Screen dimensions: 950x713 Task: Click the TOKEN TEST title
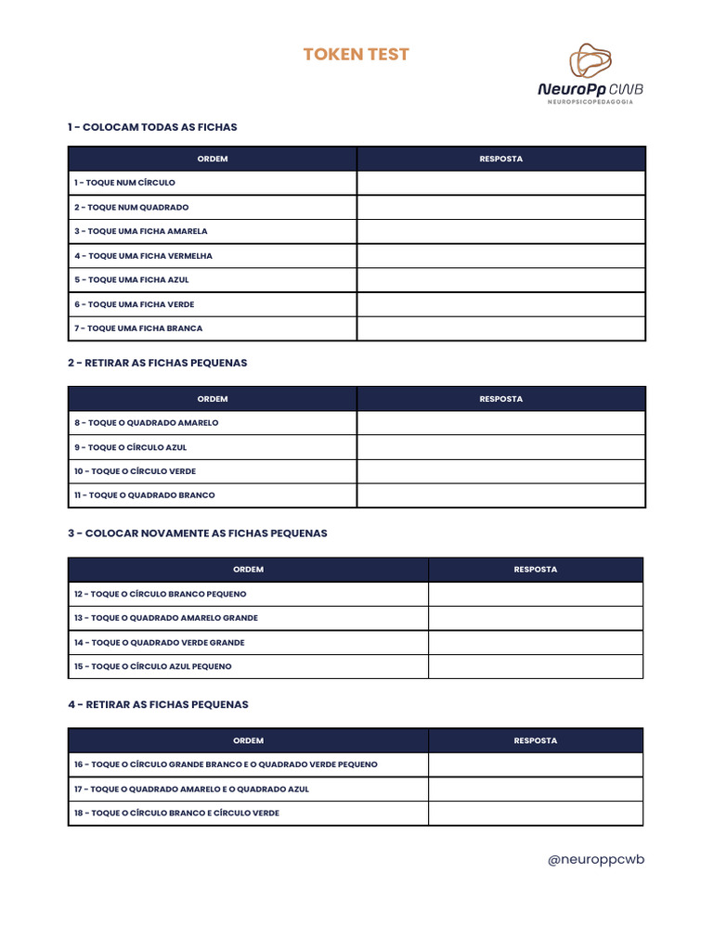point(356,55)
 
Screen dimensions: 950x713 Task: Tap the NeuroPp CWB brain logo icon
point(590,61)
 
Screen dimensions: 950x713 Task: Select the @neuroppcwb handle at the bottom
point(595,859)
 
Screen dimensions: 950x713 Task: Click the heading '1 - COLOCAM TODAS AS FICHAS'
point(152,127)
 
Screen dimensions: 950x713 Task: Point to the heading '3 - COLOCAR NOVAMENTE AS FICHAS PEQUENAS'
point(197,533)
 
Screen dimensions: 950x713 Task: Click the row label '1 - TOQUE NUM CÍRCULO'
point(124,183)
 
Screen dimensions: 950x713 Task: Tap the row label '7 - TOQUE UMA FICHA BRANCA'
point(138,328)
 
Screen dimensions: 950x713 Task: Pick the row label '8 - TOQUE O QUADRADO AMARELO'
point(147,423)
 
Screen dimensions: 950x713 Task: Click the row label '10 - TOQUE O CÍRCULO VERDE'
point(136,471)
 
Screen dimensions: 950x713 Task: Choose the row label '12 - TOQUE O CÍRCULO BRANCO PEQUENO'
point(161,594)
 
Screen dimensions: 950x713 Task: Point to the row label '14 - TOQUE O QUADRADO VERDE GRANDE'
point(160,642)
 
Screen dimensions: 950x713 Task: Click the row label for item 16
point(226,764)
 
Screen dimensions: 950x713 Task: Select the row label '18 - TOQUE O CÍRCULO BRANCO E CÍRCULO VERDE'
point(176,813)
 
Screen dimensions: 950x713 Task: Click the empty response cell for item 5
point(500,279)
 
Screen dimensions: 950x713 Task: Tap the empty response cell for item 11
point(500,495)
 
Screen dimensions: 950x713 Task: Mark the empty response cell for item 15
point(535,666)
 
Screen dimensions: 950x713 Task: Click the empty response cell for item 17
point(535,789)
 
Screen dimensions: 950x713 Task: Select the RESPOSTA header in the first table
point(500,159)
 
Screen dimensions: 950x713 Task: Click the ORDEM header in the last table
point(248,740)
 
